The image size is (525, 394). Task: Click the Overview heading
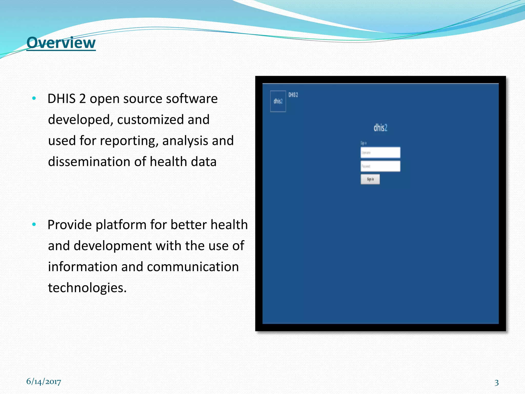(x=61, y=43)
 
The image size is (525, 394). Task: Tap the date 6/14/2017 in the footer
(x=44, y=382)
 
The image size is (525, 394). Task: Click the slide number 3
(x=497, y=382)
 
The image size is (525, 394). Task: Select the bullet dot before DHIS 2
(x=34, y=98)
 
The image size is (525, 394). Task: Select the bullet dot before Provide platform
(x=34, y=224)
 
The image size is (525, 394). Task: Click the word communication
(x=193, y=267)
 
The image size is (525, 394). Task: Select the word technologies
(x=87, y=288)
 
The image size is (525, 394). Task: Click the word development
(x=113, y=246)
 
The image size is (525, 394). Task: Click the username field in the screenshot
(x=380, y=153)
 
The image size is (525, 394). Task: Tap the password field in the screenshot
(x=380, y=166)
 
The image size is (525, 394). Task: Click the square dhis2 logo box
(x=278, y=101)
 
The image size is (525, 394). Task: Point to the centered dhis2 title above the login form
(x=380, y=127)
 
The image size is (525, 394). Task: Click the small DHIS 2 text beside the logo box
(x=293, y=95)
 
